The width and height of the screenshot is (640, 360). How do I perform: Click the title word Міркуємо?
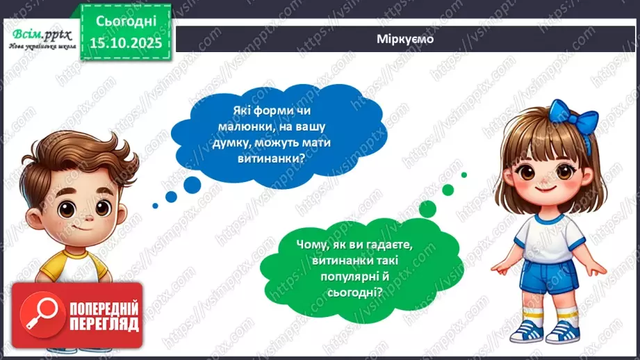pyautogui.click(x=406, y=39)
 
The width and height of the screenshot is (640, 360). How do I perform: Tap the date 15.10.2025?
pyautogui.click(x=123, y=42)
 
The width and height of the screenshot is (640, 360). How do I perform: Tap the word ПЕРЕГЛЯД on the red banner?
pyautogui.click(x=103, y=324)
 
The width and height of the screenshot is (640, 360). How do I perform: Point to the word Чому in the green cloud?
pyautogui.click(x=310, y=246)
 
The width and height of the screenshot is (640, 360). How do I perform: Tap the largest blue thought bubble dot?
pyautogui.click(x=192, y=184)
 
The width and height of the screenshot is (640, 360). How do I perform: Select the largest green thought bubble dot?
pyautogui.click(x=426, y=208)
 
